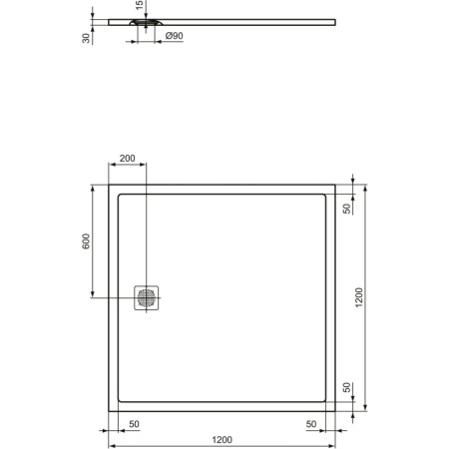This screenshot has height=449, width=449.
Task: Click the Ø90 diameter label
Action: [x=174, y=36]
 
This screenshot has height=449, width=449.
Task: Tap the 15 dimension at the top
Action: [x=140, y=5]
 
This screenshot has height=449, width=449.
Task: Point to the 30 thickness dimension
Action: [x=86, y=38]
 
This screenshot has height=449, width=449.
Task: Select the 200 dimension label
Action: [x=128, y=159]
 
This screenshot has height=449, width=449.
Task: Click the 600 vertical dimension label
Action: [x=86, y=241]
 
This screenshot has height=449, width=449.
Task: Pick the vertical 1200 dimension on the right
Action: [x=359, y=297]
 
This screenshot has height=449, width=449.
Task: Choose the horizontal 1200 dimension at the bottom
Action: [x=223, y=440]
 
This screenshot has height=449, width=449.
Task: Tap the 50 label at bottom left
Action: [x=134, y=424]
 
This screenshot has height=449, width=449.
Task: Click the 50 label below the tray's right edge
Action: [x=311, y=424]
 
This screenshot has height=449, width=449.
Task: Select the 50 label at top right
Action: [x=347, y=209]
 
